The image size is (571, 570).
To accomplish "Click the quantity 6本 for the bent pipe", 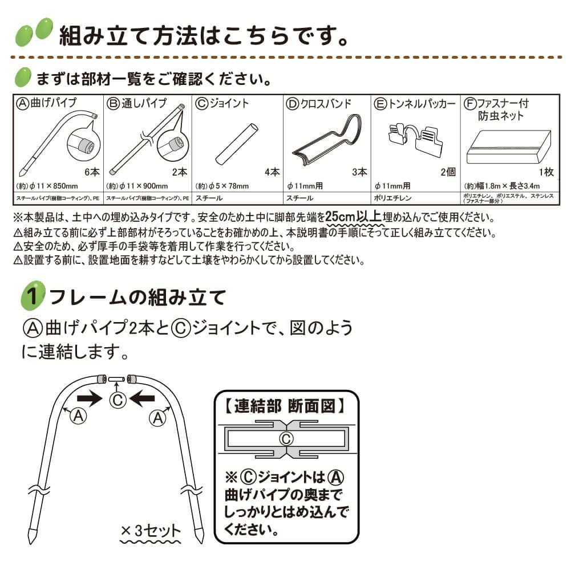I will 91,172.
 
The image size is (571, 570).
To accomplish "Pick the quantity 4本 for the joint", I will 272,172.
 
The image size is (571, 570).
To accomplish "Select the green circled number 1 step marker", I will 34,296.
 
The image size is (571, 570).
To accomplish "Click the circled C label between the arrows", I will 117,400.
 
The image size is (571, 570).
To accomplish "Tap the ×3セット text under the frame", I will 151,531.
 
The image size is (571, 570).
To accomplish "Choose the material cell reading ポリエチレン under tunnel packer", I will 391,198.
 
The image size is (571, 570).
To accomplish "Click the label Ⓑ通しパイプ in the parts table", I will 137,103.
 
